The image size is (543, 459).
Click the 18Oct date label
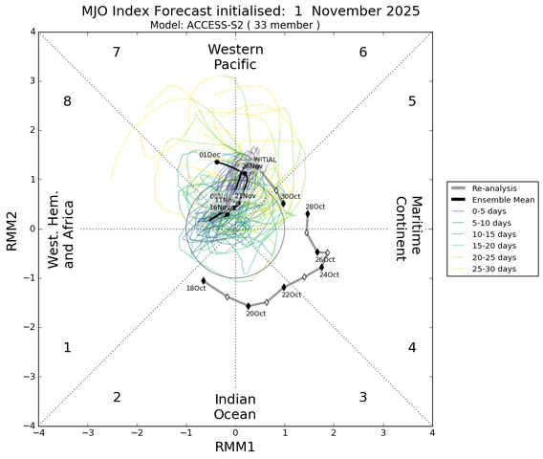click(x=195, y=288)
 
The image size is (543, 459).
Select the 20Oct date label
click(x=255, y=314)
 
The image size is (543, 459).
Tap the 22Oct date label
click(x=291, y=295)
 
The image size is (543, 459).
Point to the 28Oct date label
click(x=315, y=207)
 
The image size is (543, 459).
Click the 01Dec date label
click(x=208, y=155)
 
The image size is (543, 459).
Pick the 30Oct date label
click(x=290, y=196)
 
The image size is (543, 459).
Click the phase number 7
click(x=116, y=52)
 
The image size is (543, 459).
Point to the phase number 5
click(x=412, y=101)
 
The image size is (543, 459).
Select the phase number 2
click(x=116, y=398)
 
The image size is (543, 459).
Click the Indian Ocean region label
click(x=234, y=405)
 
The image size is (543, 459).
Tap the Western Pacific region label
click(x=234, y=56)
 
